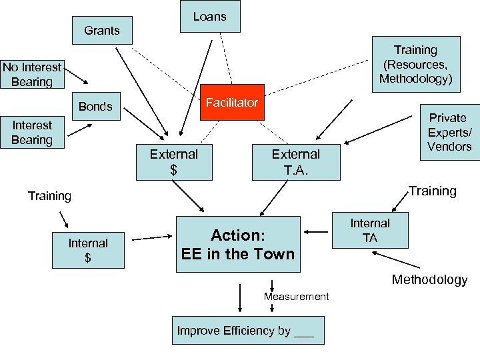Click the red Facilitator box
(232, 103)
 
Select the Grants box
(102, 31)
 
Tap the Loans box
(210, 17)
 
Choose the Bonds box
(95, 107)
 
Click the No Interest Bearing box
(31, 75)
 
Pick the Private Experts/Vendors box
(449, 131)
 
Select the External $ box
(174, 162)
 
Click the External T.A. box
(295, 162)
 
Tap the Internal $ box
(88, 250)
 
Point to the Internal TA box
(371, 230)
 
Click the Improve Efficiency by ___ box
(248, 331)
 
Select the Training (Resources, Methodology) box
(415, 64)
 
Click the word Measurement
(296, 296)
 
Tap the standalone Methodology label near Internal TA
(429, 279)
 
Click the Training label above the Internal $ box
(49, 196)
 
